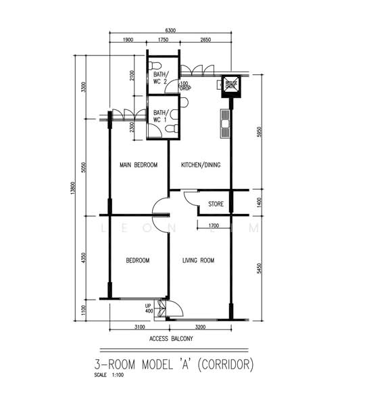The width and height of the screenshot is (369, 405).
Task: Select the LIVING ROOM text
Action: (x=198, y=260)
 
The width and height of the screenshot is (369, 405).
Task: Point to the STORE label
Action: (x=216, y=203)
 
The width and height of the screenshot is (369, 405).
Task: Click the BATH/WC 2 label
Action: (x=161, y=78)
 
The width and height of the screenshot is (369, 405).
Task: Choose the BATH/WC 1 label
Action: (x=161, y=116)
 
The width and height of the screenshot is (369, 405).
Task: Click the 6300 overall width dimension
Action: (x=170, y=30)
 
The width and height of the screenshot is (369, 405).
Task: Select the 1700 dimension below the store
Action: (x=213, y=225)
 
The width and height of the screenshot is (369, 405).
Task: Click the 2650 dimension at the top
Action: (x=206, y=40)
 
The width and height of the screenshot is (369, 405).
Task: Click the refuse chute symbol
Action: (x=230, y=84)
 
